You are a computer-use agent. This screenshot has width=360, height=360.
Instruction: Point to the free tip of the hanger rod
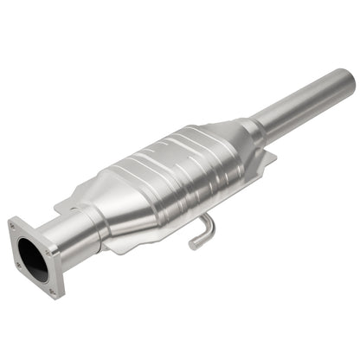pos(193,245)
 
